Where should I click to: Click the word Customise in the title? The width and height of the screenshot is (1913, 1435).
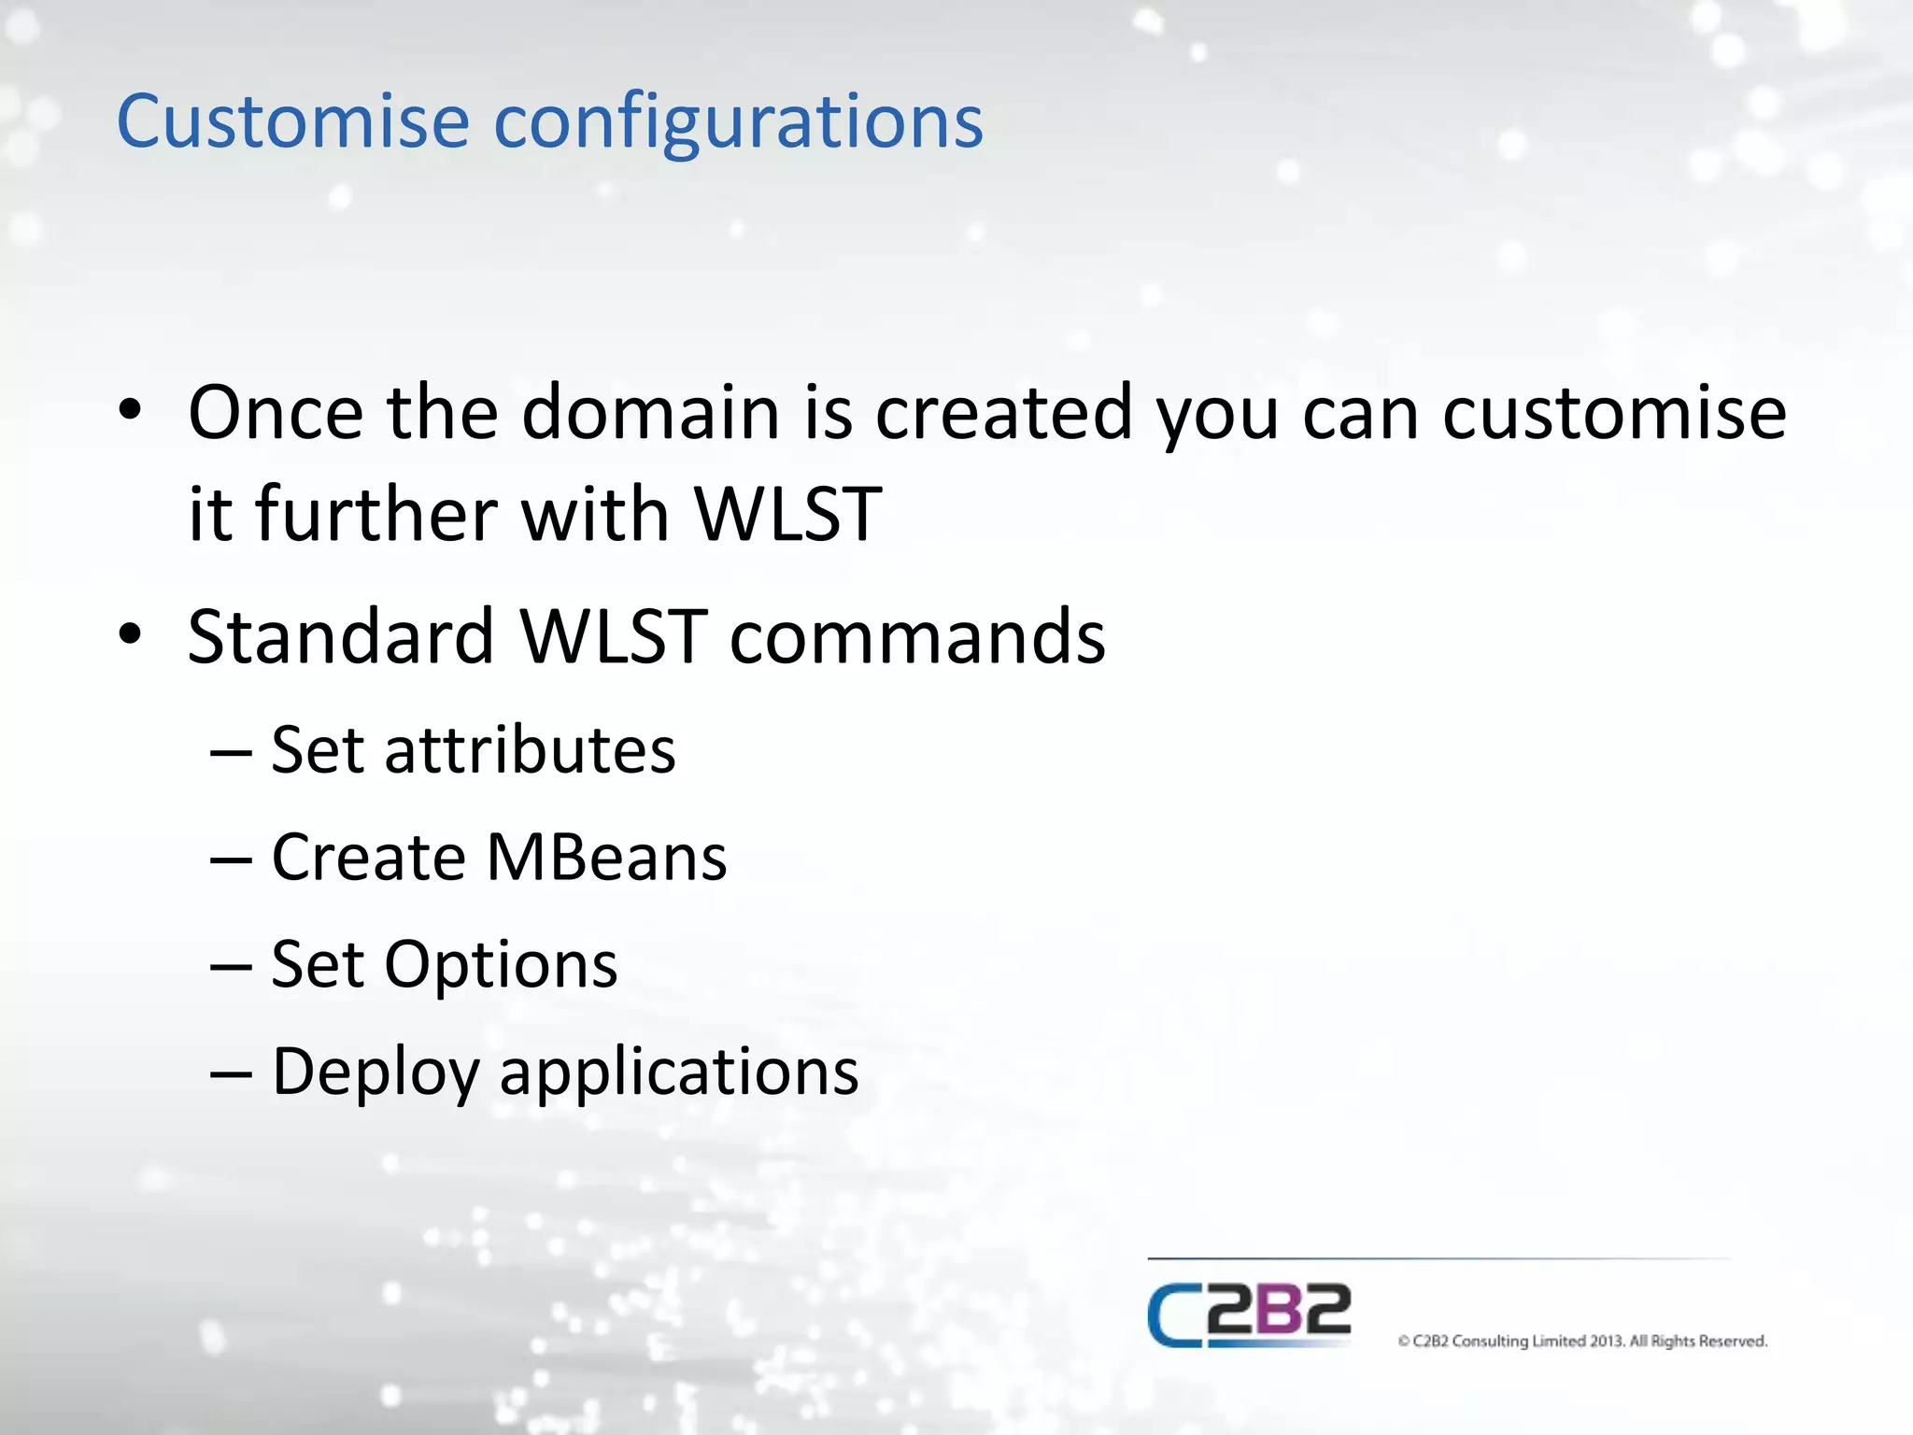(x=292, y=121)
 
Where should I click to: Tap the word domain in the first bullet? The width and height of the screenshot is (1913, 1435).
(x=650, y=413)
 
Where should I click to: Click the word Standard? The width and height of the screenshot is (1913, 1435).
(x=341, y=637)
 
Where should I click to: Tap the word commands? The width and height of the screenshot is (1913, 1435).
(x=917, y=637)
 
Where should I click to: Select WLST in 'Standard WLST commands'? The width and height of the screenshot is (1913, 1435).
(x=613, y=637)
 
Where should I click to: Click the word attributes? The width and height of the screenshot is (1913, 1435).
(x=530, y=750)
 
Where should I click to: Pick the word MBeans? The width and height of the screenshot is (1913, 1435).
(x=606, y=858)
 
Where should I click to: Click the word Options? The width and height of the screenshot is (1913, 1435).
(x=501, y=965)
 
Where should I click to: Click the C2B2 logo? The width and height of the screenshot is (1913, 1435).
(x=1249, y=1314)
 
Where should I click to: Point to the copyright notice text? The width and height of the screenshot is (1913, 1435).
(x=1582, y=1342)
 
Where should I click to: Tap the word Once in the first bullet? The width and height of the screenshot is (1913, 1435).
(x=276, y=413)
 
